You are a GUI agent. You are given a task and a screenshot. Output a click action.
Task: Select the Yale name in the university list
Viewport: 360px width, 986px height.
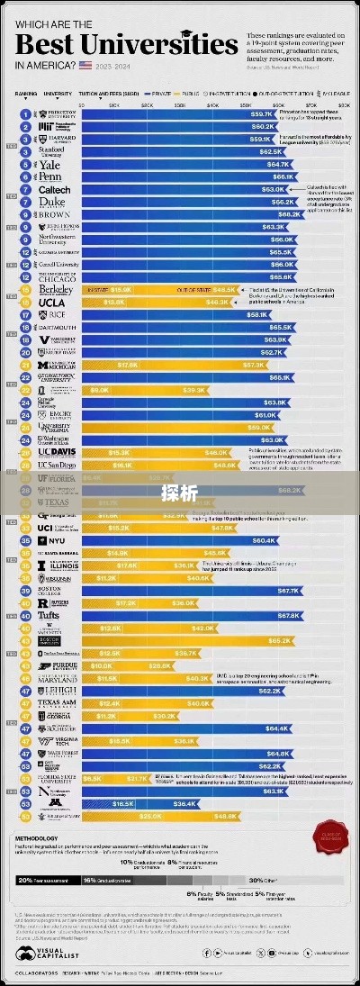click(49, 165)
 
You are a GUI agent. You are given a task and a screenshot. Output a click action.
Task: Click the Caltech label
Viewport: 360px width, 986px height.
click(54, 190)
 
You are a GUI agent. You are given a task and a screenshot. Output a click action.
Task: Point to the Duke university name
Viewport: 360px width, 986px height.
click(52, 203)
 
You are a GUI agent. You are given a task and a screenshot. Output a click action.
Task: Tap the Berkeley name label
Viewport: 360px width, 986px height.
click(54, 290)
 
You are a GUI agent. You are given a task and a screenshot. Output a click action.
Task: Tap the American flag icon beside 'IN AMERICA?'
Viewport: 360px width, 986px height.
click(85, 65)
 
